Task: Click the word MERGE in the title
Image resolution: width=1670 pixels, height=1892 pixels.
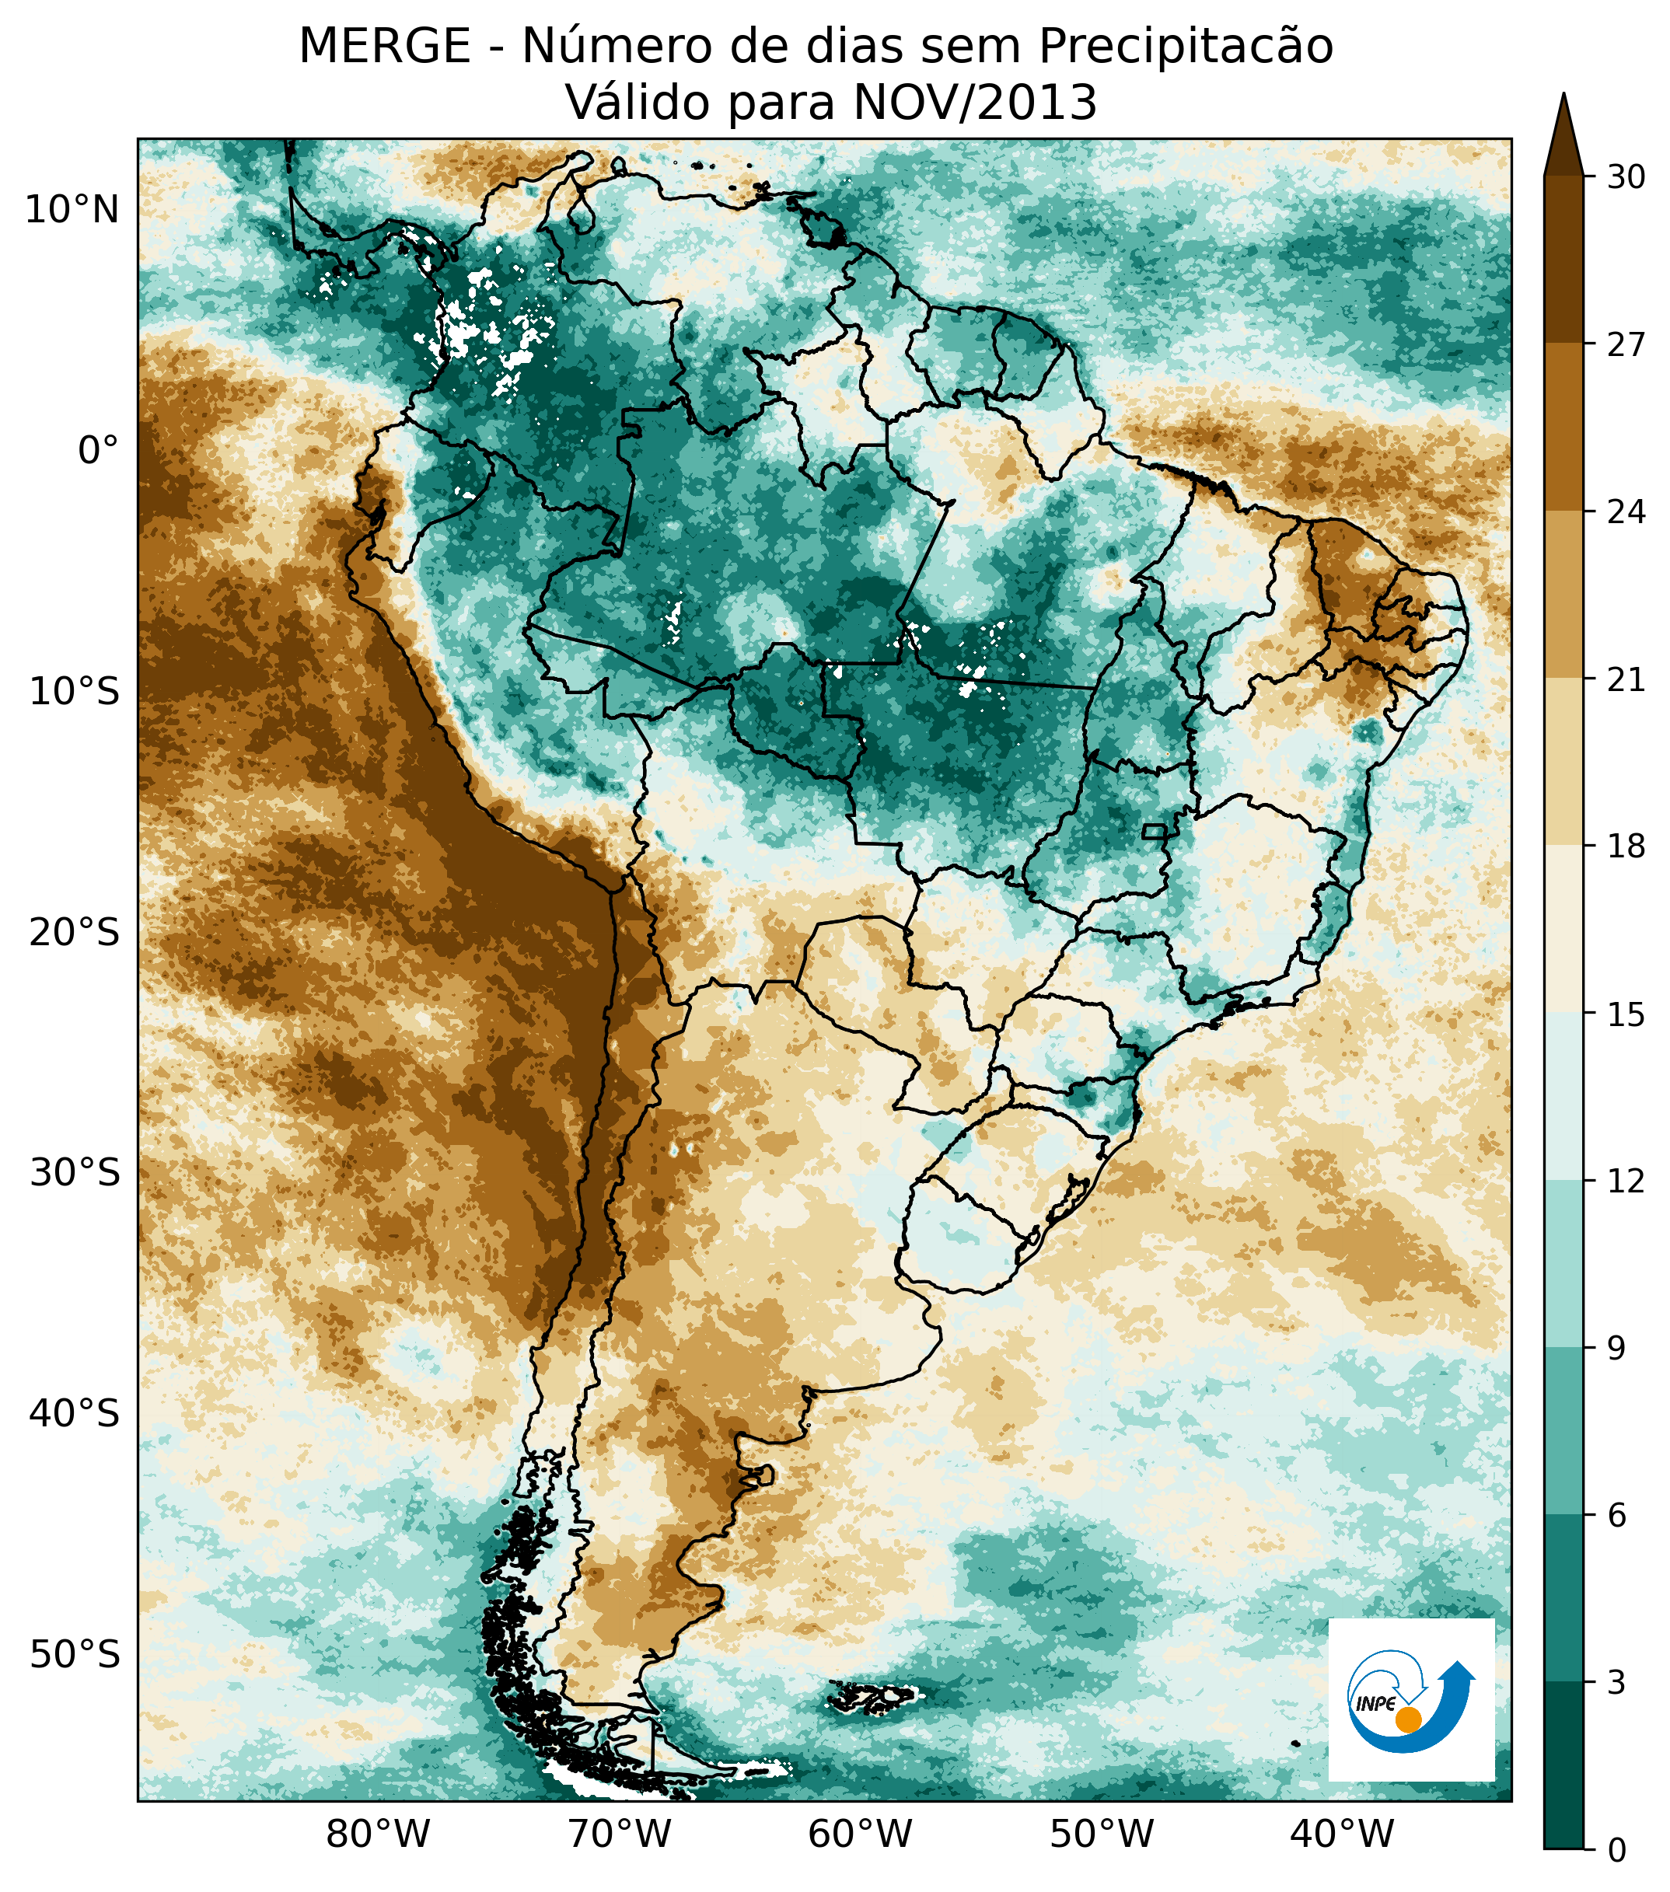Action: click(x=384, y=47)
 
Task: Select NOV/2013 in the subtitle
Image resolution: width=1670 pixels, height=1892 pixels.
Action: click(x=975, y=103)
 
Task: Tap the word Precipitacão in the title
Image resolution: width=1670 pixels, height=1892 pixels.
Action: click(x=1185, y=47)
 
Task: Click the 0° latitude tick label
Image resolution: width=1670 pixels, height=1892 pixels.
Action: click(x=98, y=452)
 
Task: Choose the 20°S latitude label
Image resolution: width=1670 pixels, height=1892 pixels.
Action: click(x=74, y=933)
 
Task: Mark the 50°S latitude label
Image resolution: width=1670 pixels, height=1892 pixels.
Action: click(x=74, y=1654)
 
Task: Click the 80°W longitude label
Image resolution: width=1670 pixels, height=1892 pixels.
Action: click(x=379, y=1834)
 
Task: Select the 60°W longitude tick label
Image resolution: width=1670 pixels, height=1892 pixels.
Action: click(x=861, y=1834)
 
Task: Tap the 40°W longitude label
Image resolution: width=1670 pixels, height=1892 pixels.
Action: click(x=1342, y=1834)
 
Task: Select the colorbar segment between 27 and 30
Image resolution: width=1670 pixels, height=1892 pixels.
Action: click(x=1563, y=259)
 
